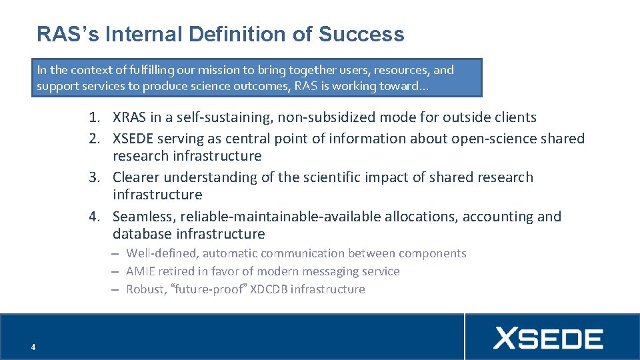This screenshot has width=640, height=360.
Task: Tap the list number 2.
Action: click(x=97, y=139)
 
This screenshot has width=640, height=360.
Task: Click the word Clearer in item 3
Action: click(x=136, y=177)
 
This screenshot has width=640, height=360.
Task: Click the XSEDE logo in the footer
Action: click(x=548, y=339)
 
